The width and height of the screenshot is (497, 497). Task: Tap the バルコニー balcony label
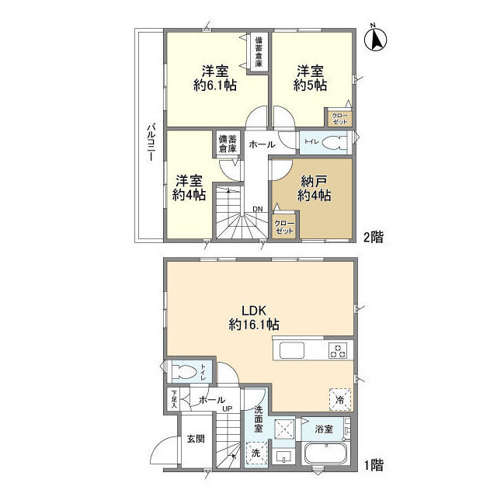pyautogui.click(x=151, y=143)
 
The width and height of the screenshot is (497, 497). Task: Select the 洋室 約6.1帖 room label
pyautogui.click(x=215, y=78)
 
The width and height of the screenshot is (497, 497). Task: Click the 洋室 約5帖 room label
pyautogui.click(x=311, y=78)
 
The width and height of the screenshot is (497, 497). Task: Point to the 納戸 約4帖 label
pyautogui.click(x=314, y=189)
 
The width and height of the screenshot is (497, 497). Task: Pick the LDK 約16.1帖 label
pyautogui.click(x=254, y=318)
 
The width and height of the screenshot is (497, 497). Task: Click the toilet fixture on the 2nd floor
pyautogui.click(x=335, y=143)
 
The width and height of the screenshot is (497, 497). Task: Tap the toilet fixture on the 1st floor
pyautogui.click(x=184, y=371)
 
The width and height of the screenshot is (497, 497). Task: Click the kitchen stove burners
pyautogui.click(x=338, y=350)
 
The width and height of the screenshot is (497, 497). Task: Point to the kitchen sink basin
pyautogui.click(x=292, y=350)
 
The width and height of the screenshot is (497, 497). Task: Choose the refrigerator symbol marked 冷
pyautogui.click(x=340, y=399)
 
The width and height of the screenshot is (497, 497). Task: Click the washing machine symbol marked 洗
pyautogui.click(x=257, y=454)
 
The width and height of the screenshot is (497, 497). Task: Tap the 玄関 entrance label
pyautogui.click(x=196, y=439)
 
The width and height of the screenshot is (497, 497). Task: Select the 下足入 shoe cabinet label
pyautogui.click(x=174, y=400)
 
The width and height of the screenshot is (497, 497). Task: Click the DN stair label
pyautogui.click(x=258, y=209)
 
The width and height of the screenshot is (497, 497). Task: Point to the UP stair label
pyautogui.click(x=227, y=409)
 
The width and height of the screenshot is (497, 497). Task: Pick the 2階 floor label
pyautogui.click(x=374, y=237)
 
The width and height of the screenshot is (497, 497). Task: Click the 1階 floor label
pyautogui.click(x=374, y=465)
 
